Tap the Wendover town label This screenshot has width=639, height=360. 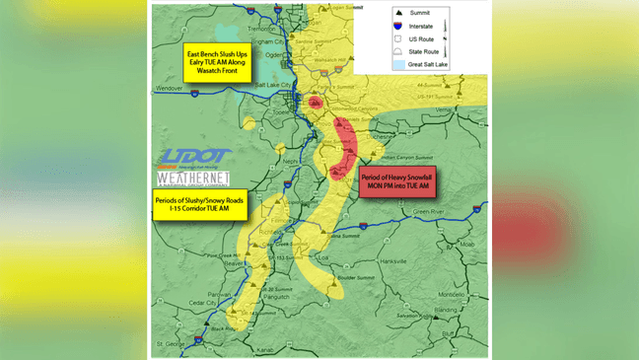[171, 88]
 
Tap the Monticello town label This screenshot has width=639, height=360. [452, 295]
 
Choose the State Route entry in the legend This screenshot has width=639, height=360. [421, 50]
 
